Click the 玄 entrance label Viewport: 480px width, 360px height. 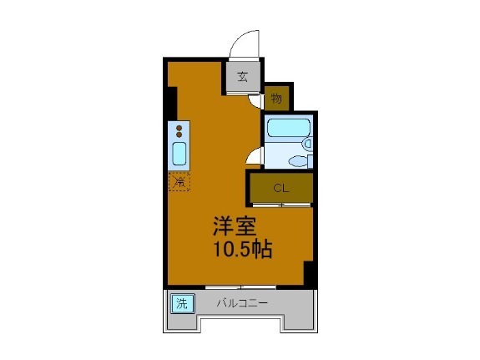(242, 78)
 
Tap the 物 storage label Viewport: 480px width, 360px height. (276, 99)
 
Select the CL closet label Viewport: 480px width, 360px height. (280, 187)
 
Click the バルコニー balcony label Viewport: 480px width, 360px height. (243, 303)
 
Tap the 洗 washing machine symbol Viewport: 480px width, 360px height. (182, 303)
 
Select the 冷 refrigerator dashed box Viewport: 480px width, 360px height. (179, 181)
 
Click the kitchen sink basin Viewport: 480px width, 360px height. (179, 154)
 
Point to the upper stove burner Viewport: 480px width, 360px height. (179, 128)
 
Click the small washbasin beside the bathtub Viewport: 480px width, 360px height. (307, 143)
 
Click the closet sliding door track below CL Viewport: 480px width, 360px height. (280, 205)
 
